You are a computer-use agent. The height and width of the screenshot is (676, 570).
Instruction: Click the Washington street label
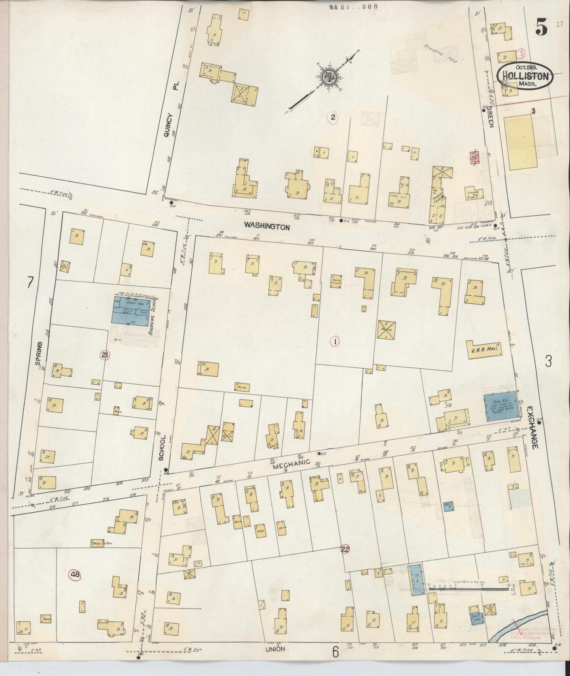pos(267,226)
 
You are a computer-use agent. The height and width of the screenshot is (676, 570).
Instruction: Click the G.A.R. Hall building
pos(484,350)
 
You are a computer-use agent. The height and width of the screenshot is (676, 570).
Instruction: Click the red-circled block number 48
pos(75,575)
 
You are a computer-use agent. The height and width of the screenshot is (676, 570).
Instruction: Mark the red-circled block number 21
pos(105,355)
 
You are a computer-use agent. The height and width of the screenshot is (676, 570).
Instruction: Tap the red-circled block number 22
pos(345,549)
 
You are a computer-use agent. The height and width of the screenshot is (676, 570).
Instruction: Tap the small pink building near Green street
pos(474,158)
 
